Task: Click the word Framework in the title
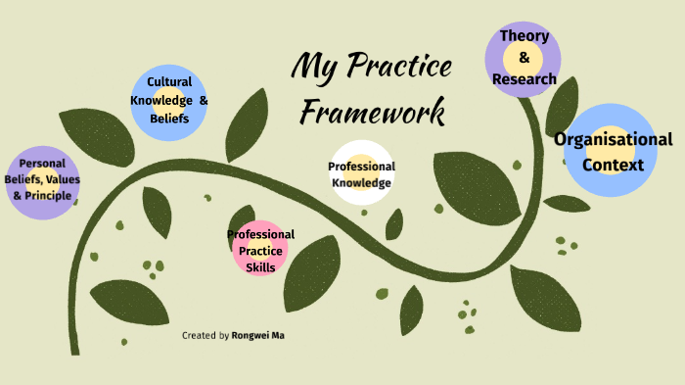pyautogui.click(x=373, y=111)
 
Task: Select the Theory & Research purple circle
pyautogui.click(x=524, y=59)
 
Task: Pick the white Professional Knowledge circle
pyautogui.click(x=362, y=173)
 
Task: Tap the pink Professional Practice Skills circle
pyautogui.click(x=261, y=250)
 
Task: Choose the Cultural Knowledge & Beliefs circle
pyautogui.click(x=169, y=100)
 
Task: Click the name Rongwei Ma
pyautogui.click(x=259, y=335)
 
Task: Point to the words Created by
pyautogui.click(x=205, y=335)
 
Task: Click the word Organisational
pyautogui.click(x=614, y=139)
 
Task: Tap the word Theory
pyautogui.click(x=525, y=36)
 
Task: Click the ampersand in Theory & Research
pyautogui.click(x=525, y=58)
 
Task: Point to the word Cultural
pyautogui.click(x=169, y=82)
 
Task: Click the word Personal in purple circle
pyautogui.click(x=42, y=164)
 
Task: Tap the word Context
pyautogui.click(x=614, y=165)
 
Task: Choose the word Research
pyautogui.click(x=525, y=78)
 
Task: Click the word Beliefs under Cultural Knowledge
pyautogui.click(x=169, y=118)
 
